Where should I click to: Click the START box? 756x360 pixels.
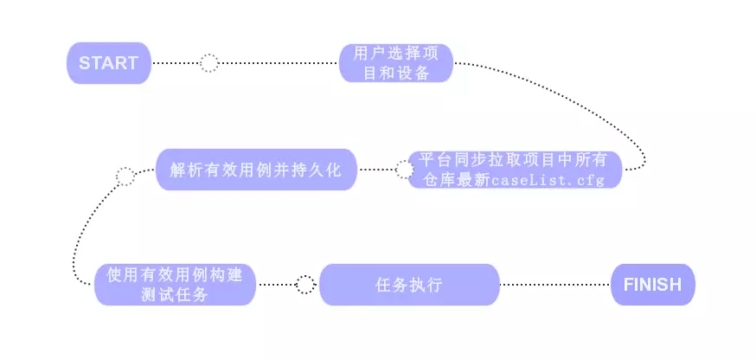point(109,63)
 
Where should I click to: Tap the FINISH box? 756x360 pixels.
point(652,285)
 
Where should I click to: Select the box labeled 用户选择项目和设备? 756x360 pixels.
point(396,63)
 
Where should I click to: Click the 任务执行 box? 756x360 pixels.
point(409,285)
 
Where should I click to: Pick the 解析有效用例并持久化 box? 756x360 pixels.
point(257,170)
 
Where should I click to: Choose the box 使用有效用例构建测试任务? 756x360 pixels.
point(175,285)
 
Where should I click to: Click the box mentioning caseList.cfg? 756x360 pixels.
point(515,170)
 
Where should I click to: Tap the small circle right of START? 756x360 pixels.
point(208,63)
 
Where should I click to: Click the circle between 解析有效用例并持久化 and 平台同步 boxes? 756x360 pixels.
point(404,170)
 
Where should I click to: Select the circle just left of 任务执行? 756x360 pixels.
point(304,285)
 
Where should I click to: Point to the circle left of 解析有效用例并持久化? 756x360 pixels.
point(125,177)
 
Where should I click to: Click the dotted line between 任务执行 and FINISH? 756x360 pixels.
point(554,285)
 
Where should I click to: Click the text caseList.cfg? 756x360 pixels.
point(547,179)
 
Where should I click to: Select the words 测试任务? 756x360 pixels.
point(175,294)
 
